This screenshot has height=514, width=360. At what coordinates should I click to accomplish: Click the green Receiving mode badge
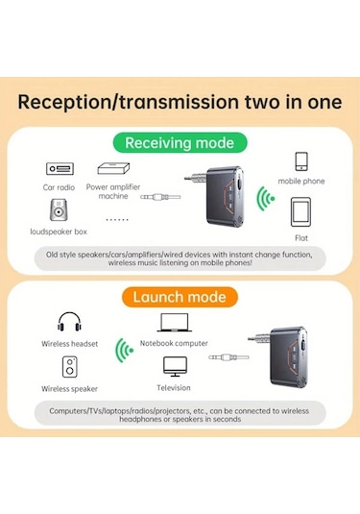180,143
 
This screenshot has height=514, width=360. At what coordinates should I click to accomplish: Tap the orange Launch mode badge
180,297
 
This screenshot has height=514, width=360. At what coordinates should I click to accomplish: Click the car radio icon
60,169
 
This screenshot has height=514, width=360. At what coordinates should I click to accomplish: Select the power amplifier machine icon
113,168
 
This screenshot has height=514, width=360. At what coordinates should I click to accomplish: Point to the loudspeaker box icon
59,209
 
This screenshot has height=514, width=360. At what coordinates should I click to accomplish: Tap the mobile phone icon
301,161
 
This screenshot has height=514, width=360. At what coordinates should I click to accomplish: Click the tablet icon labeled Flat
300,212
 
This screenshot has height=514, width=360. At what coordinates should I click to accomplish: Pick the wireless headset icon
69,321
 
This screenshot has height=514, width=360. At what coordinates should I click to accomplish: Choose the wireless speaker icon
70,367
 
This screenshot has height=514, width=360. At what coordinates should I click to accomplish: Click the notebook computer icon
175,323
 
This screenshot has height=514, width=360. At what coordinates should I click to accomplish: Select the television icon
175,366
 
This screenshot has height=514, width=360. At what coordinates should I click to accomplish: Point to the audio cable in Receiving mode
160,197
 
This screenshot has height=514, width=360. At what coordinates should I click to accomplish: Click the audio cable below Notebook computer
228,357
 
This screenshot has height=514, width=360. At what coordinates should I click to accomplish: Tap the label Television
174,388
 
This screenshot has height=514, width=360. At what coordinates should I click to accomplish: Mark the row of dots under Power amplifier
117,219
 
